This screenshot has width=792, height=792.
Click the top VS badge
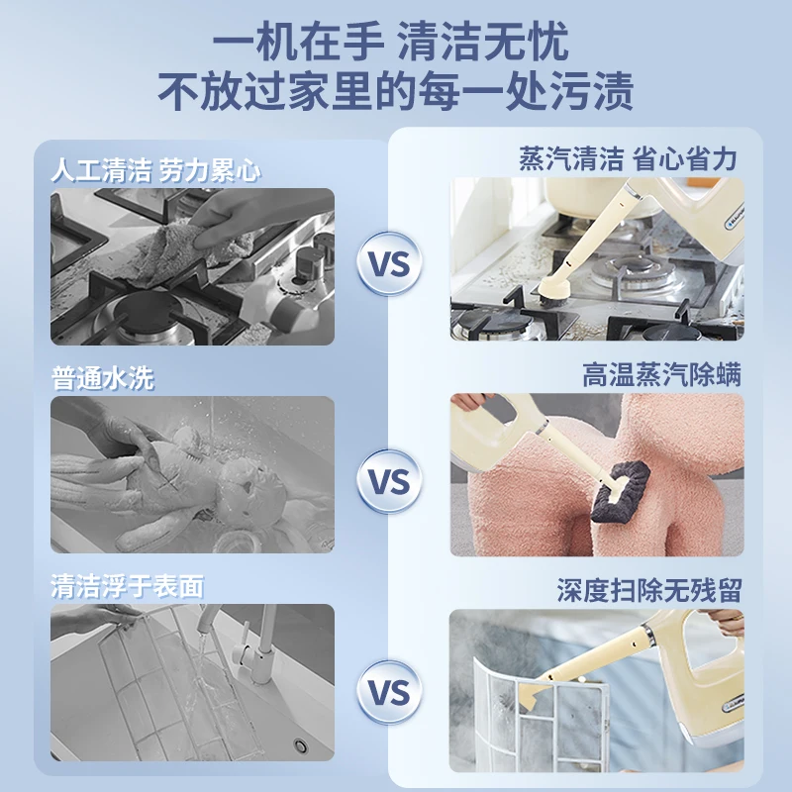coord(388,264)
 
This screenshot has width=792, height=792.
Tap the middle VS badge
coord(388,481)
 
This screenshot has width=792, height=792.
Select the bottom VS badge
coord(388,691)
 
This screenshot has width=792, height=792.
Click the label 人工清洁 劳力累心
coord(155,169)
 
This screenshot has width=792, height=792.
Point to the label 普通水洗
coord(103,377)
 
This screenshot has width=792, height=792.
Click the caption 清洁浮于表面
coord(127,585)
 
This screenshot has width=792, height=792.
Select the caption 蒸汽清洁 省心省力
coord(628,158)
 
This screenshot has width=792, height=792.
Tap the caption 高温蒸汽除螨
coord(661,375)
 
